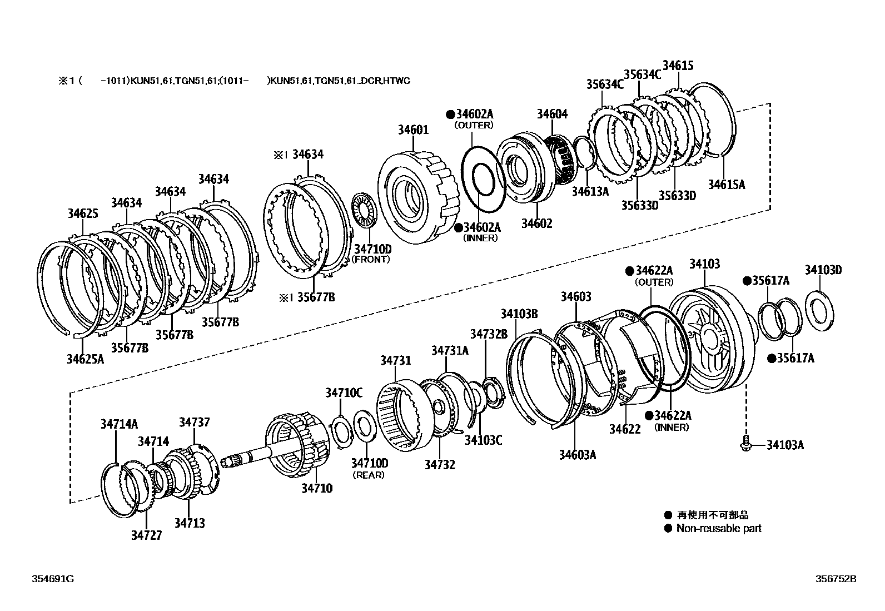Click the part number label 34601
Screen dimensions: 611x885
coord(413,130)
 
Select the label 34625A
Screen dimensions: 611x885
coord(85,359)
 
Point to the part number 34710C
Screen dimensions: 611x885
coord(344,393)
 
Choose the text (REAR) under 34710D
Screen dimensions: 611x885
coord(369,475)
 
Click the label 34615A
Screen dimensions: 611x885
coord(726,184)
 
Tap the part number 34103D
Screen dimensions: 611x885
coord(823,271)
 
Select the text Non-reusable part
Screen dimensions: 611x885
coord(718,528)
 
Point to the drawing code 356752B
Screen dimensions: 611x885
coord(836,579)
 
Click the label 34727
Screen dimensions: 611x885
coord(146,535)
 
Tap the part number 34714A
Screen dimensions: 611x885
coord(119,424)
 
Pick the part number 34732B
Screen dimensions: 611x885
coord(489,334)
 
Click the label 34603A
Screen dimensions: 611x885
coord(578,455)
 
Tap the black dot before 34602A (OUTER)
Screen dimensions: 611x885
coord(450,115)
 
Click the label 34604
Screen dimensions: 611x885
coord(552,114)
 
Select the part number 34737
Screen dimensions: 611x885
coord(194,422)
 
